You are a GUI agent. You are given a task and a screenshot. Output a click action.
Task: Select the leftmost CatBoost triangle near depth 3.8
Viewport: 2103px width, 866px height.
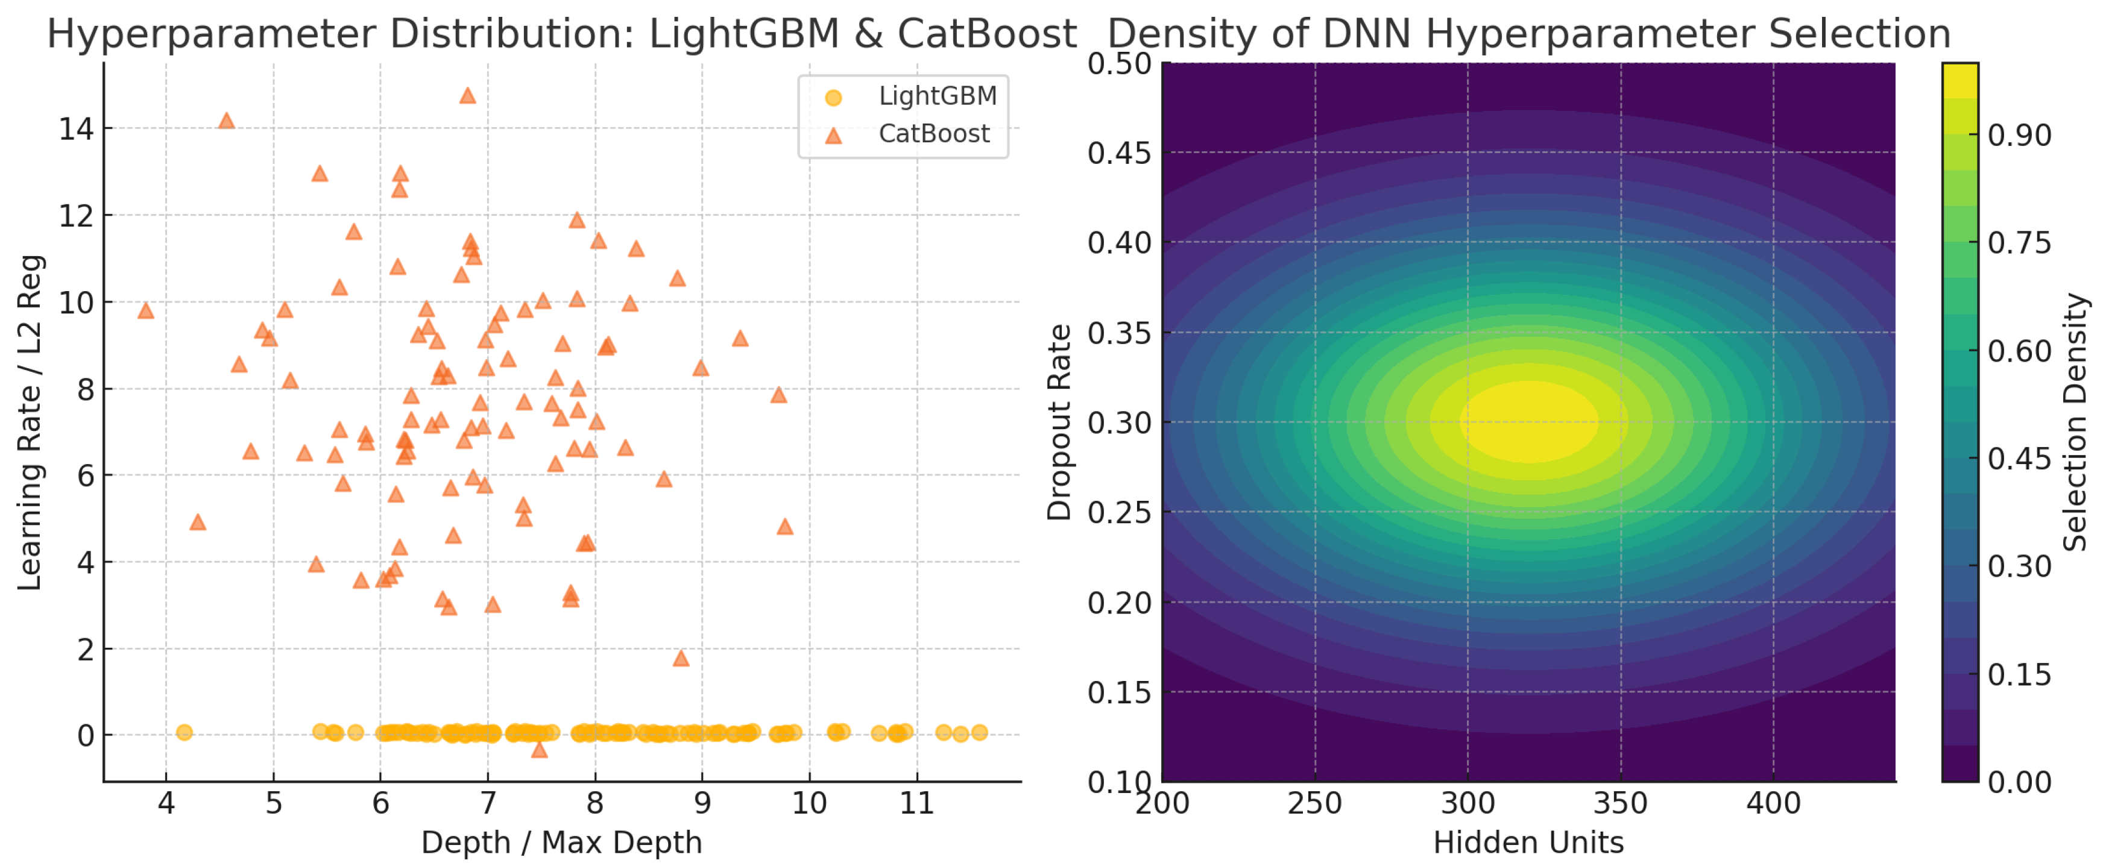tap(145, 311)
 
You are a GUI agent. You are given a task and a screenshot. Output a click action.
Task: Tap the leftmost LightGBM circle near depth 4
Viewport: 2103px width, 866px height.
tap(184, 732)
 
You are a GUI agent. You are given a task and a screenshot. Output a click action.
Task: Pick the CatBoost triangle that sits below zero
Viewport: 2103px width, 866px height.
tap(539, 749)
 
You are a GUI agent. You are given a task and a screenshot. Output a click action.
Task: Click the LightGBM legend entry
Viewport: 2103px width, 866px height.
tap(937, 96)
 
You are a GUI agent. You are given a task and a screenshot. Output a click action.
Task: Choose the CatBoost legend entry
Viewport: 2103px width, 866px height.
tap(933, 134)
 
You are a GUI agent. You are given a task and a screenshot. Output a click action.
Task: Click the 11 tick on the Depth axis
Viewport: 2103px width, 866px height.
tap(917, 804)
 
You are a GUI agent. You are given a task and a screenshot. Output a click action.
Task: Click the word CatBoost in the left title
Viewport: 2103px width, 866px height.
tap(986, 34)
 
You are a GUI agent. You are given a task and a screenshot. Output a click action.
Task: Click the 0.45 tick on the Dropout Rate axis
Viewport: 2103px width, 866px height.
tap(1118, 152)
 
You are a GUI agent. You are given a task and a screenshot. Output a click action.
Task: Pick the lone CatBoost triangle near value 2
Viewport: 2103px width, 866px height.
tap(681, 659)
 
